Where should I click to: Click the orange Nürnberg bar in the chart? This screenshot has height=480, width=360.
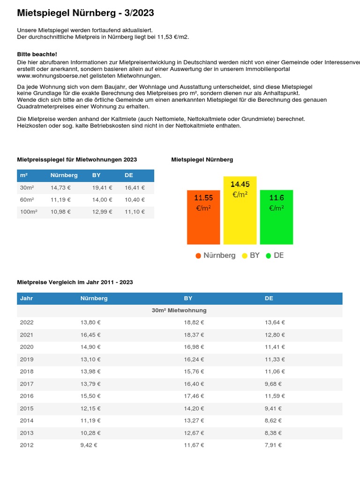point(203,217)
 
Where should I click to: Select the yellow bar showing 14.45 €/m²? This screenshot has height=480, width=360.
point(240,210)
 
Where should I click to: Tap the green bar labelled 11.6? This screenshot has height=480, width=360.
point(277,217)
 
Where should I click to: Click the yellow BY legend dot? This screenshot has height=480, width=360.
point(245,256)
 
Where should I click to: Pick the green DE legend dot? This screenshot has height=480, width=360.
point(269,256)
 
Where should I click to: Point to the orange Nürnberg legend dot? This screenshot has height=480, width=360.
point(198,256)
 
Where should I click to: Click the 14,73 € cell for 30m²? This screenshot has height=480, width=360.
point(60,188)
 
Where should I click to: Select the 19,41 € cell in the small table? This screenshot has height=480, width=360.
point(102,188)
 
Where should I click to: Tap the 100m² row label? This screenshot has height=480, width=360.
point(29,212)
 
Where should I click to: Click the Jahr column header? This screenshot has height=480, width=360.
point(27,299)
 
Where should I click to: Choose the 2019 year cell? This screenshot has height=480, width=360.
point(27,360)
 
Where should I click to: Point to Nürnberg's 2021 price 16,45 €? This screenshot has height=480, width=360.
point(90,335)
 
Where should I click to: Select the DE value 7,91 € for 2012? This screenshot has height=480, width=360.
point(273,445)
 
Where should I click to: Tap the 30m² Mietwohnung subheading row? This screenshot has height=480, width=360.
point(180,311)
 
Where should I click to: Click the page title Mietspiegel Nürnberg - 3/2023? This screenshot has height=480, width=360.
point(85,13)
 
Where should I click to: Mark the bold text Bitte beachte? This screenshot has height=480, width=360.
point(37,55)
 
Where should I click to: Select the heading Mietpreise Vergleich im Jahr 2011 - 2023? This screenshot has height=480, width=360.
point(75,283)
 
